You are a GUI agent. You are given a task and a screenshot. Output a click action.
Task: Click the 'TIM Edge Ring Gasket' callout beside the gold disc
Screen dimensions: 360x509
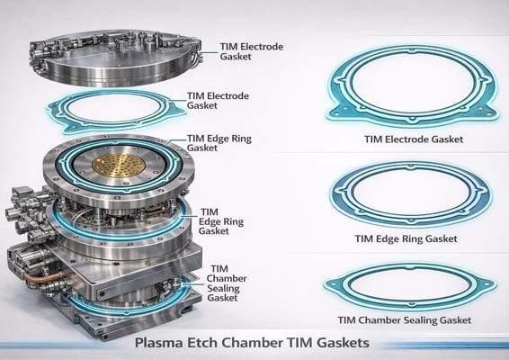click(x=214, y=143)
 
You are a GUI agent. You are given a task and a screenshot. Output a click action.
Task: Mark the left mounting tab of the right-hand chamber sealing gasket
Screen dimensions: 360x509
click(x=328, y=290)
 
